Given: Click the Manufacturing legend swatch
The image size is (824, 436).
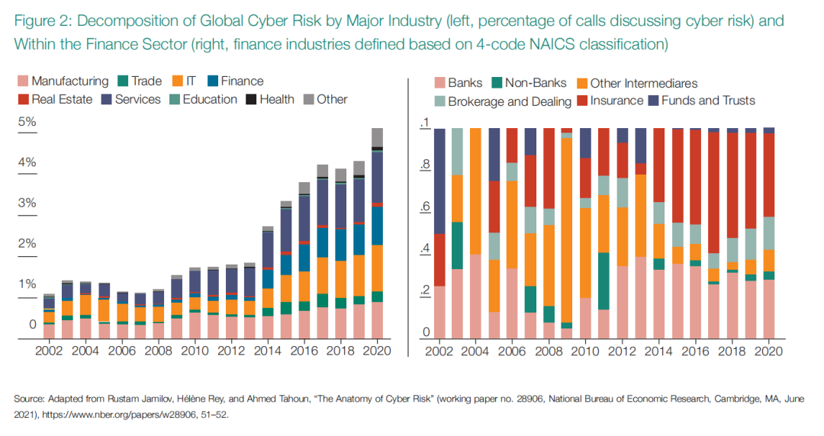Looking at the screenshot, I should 22,82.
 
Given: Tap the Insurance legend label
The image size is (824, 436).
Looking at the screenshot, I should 616,101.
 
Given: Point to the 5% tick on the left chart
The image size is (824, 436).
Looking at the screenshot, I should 27,122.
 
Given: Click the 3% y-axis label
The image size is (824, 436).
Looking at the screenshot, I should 27,203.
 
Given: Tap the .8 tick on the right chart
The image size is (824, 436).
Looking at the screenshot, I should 425,164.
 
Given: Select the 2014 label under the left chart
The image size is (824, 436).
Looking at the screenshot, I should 267,351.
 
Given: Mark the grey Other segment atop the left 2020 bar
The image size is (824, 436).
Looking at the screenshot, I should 377,137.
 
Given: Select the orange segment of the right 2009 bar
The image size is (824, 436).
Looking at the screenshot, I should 566,229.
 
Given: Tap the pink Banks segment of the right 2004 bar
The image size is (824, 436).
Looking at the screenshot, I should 475,297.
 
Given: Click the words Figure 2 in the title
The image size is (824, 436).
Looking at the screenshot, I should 38,20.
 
